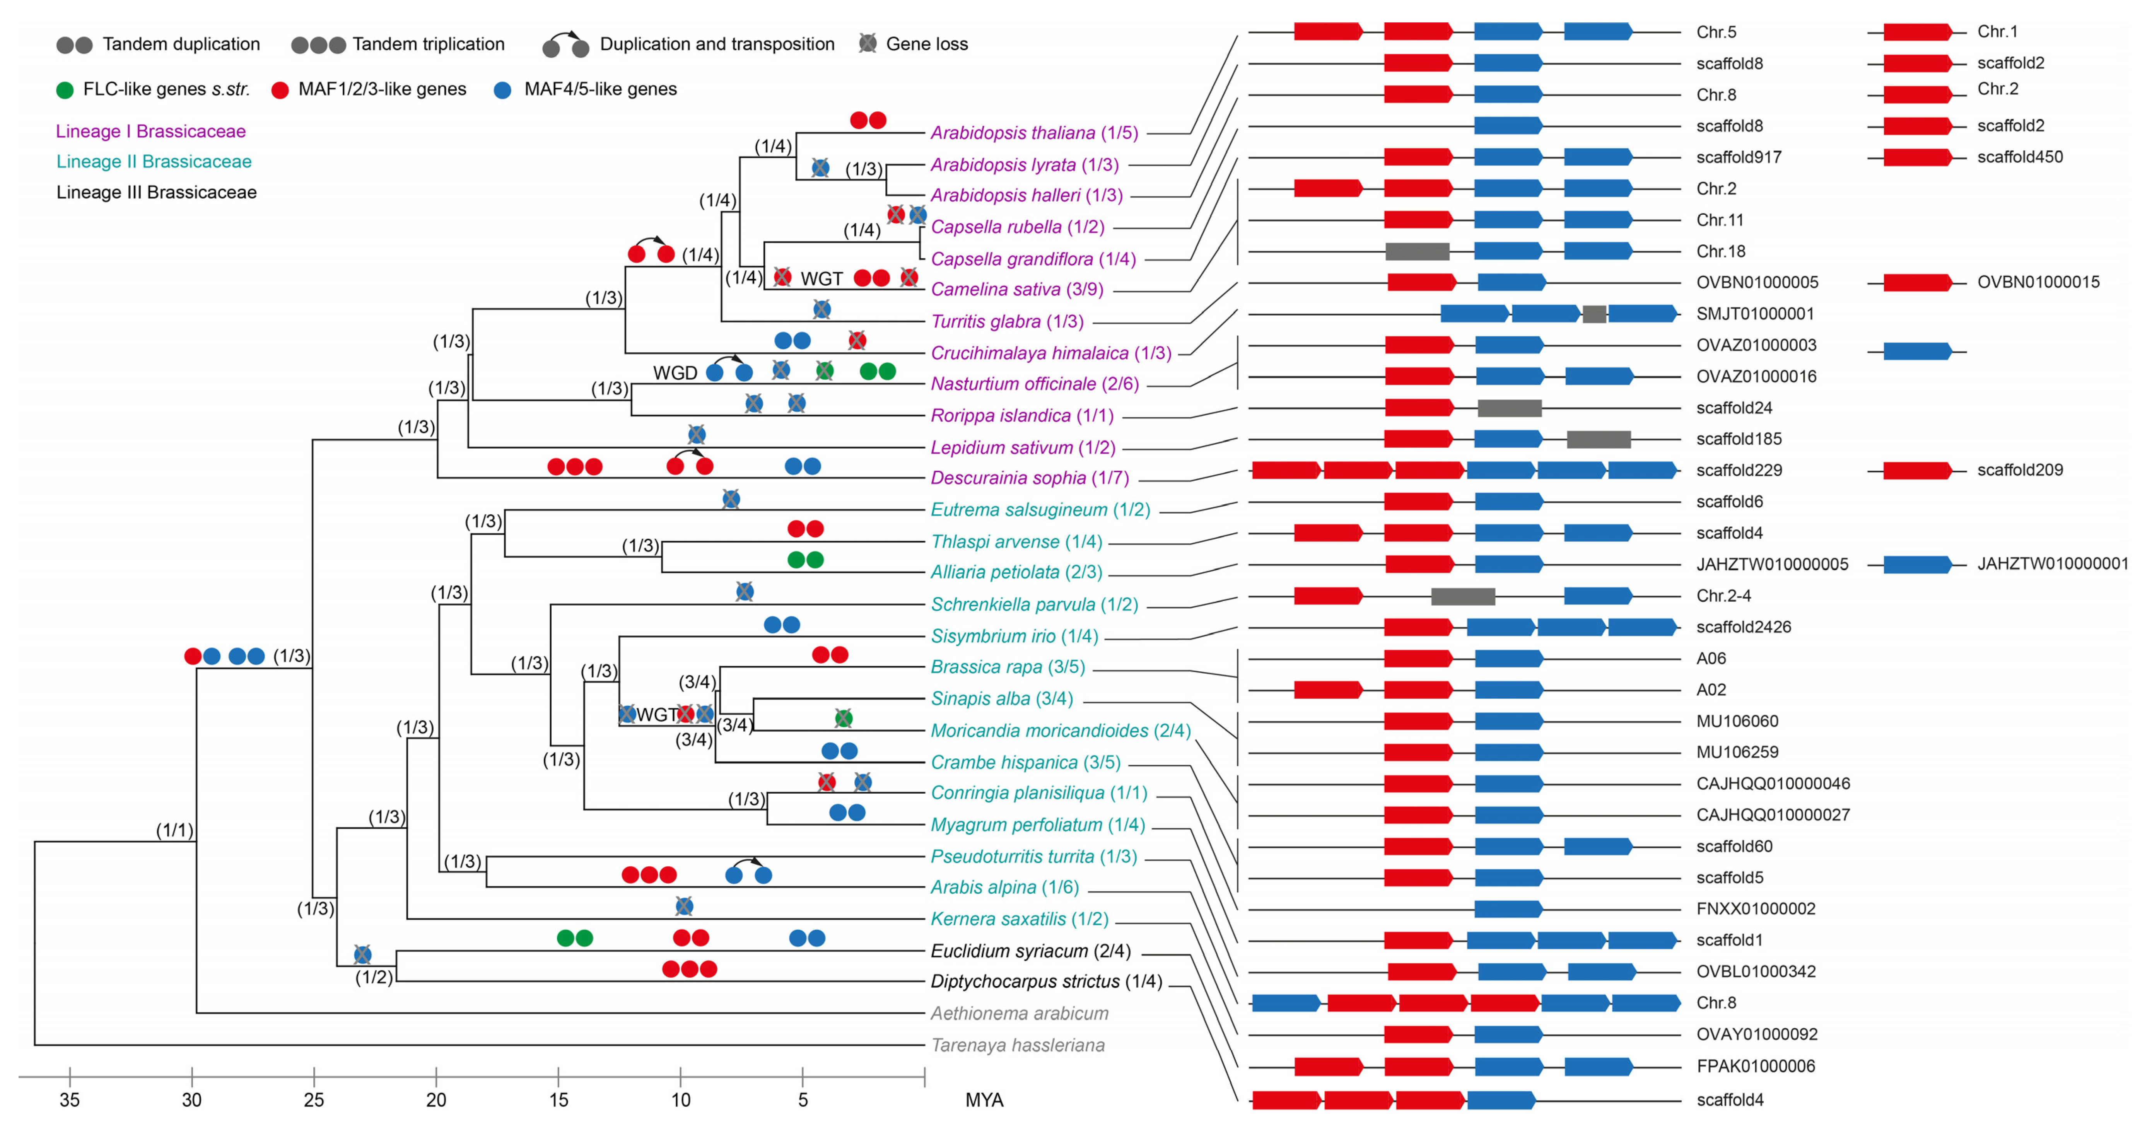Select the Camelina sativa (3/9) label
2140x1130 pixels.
[x=1017, y=289]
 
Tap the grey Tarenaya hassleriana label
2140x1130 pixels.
[x=1018, y=1045]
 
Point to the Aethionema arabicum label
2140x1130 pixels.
[x=1019, y=1014]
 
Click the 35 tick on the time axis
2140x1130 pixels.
[x=70, y=1100]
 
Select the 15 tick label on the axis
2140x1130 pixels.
[x=558, y=1100]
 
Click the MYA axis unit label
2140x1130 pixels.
[x=984, y=1100]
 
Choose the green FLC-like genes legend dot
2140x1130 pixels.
[x=65, y=90]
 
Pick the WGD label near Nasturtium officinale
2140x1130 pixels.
[x=675, y=373]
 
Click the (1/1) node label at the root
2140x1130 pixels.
[x=174, y=830]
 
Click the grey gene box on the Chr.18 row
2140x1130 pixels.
[x=1417, y=251]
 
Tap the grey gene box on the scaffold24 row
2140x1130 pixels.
[x=1510, y=408]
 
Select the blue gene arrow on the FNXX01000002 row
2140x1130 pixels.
[x=1508, y=909]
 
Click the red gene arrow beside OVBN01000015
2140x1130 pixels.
[x=1916, y=282]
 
